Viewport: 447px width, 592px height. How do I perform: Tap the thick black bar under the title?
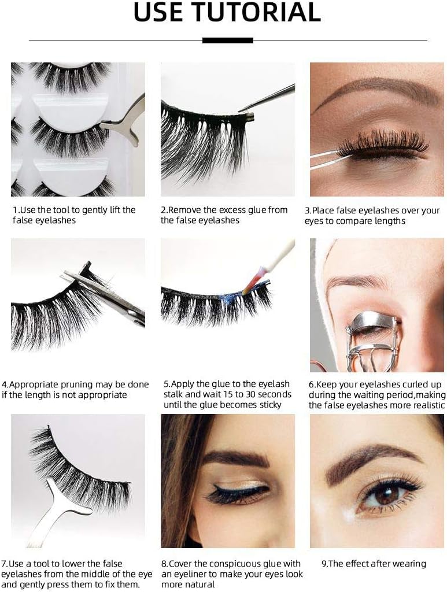pyautogui.click(x=228, y=40)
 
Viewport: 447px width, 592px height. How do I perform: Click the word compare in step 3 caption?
pyautogui.click(x=365, y=221)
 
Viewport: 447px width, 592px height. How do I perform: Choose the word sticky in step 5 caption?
pyautogui.click(x=267, y=405)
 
